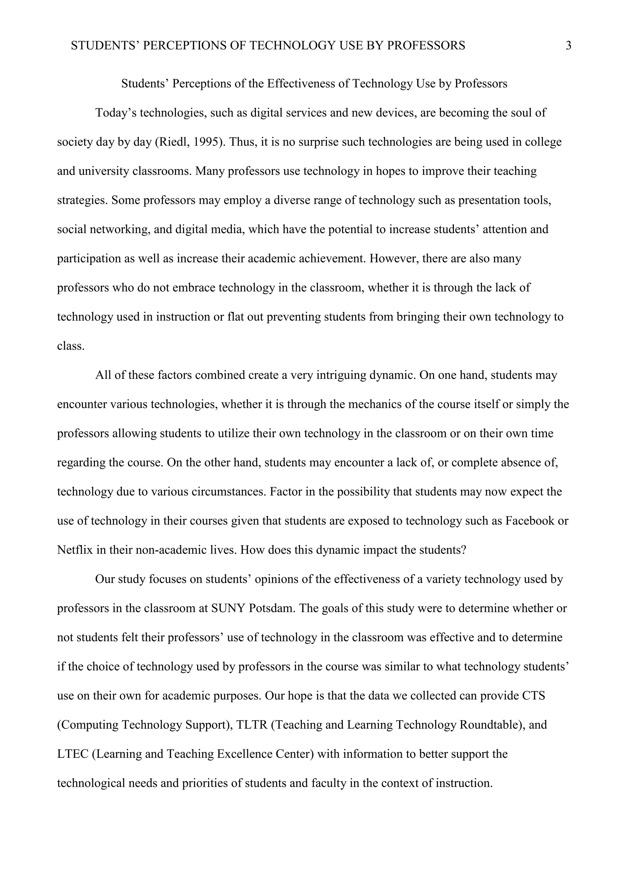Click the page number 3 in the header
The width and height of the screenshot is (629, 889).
tap(568, 46)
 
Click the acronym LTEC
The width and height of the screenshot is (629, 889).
tap(73, 754)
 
